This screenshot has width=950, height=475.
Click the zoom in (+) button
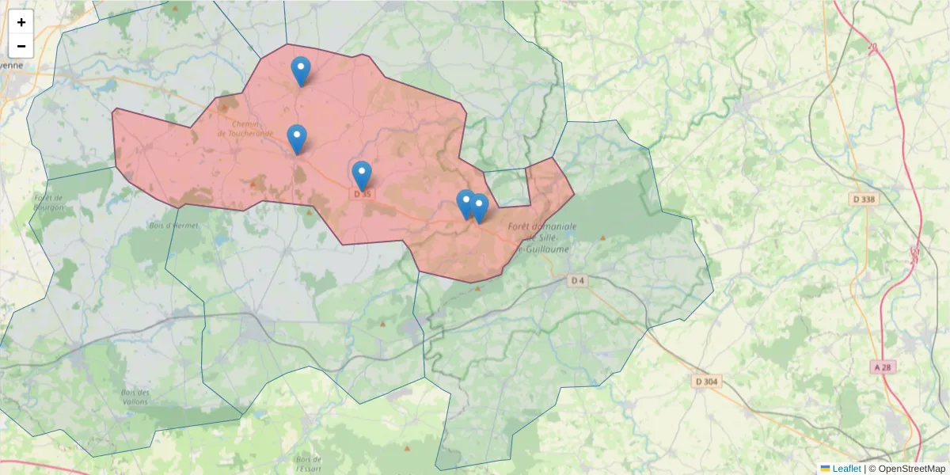point(21,22)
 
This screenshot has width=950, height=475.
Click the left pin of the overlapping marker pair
point(465,203)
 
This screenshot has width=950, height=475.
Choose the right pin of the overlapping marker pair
point(479,207)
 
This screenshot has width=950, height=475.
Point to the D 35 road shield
point(362,193)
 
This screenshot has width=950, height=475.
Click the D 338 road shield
point(865,199)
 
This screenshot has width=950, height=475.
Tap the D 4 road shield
point(578,280)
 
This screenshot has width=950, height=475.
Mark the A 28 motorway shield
point(885,367)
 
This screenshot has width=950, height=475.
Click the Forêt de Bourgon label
point(49,202)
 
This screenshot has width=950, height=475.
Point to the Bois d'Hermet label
point(173,226)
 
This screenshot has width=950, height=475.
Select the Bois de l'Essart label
point(308,464)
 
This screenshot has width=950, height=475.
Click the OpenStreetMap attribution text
point(911,469)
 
